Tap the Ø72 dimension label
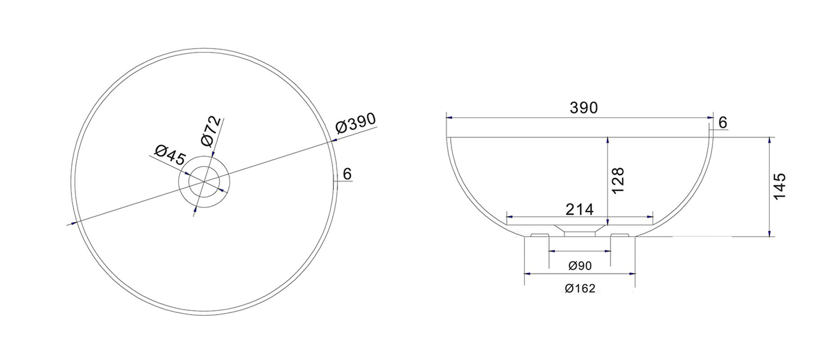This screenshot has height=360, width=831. [x=212, y=131]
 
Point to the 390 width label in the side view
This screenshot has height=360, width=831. [x=583, y=108]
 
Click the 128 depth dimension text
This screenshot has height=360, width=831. [x=618, y=180]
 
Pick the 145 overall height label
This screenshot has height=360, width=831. [x=779, y=186]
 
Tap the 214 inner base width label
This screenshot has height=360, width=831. [x=579, y=209]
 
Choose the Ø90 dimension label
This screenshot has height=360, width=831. [x=580, y=266]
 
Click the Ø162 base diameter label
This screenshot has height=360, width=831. [x=580, y=288]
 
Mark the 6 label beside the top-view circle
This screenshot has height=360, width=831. [x=347, y=174]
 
